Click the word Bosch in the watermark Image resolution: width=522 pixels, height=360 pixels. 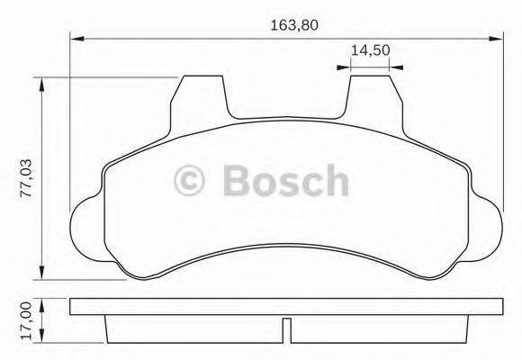[x=283, y=181]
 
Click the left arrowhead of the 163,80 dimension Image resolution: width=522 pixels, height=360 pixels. [x=76, y=38]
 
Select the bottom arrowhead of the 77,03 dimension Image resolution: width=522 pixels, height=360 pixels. [x=43, y=275]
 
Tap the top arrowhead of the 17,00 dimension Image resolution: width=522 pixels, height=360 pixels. [x=43, y=303]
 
